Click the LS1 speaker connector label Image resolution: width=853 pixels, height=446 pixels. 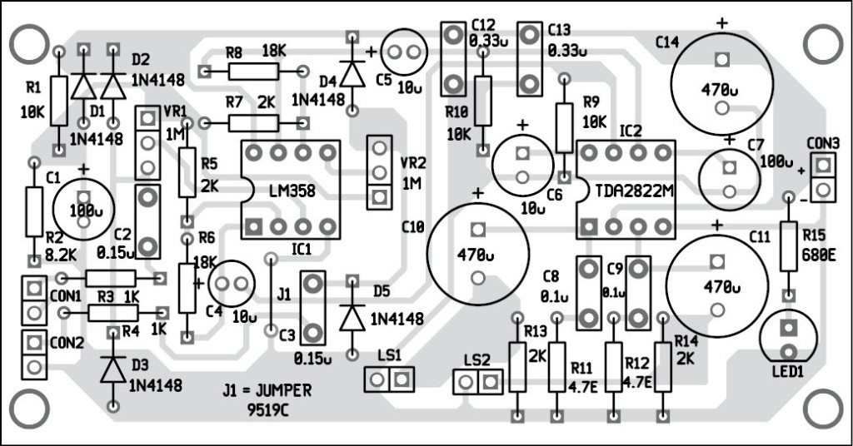(x=388, y=355)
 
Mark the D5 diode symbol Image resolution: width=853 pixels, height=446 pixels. (x=352, y=316)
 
